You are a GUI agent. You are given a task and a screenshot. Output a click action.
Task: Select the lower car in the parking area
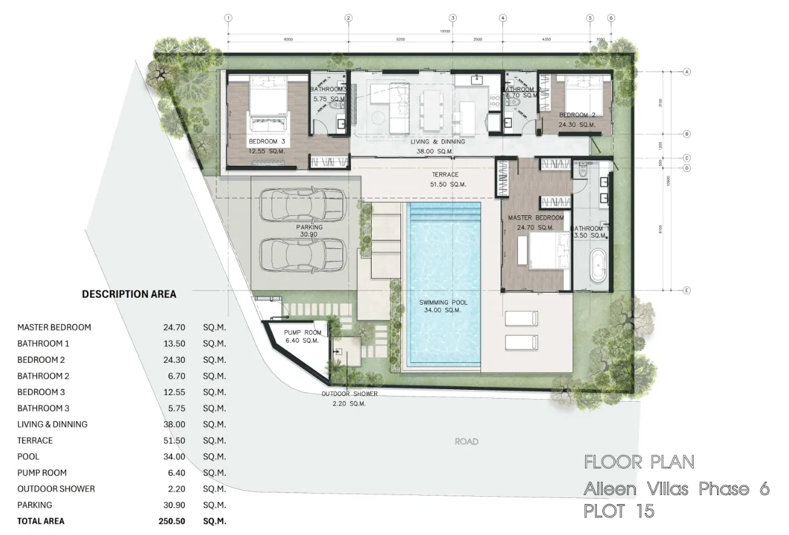coord(302,255)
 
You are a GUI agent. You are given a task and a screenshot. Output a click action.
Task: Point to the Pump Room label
coord(302,332)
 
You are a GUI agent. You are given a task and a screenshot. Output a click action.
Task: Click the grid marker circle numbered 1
coord(228,18)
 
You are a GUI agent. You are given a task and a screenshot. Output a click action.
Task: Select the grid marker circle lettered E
coord(686,290)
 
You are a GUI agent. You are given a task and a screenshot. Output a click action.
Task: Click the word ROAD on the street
coord(466,442)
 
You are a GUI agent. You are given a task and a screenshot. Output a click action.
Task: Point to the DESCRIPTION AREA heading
coord(129,294)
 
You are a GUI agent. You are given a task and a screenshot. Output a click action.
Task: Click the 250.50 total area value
coord(173,521)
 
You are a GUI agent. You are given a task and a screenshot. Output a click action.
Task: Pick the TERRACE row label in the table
coord(35,441)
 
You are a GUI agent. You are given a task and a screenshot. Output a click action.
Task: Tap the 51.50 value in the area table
coord(173,441)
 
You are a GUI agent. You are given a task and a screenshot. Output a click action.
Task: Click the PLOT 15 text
coord(619,511)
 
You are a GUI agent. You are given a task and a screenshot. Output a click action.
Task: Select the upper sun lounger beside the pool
coord(521,318)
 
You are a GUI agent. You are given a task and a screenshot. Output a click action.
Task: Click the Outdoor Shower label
coord(349,394)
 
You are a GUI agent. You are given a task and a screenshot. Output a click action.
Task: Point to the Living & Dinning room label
coord(437,142)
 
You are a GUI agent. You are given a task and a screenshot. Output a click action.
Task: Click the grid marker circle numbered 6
coord(611,18)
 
